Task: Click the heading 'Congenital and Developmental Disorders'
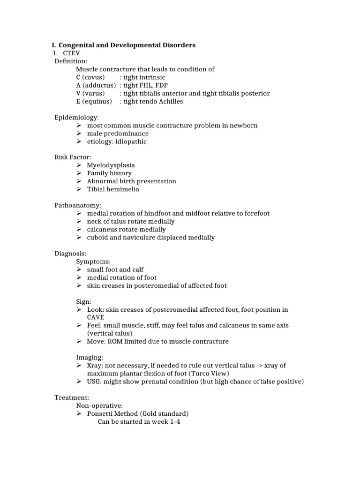[127, 45]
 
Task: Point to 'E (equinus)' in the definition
[94, 101]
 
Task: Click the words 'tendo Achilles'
[162, 101]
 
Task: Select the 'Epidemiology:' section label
[77, 117]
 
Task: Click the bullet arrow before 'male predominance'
[79, 134]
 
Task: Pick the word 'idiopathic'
[131, 142]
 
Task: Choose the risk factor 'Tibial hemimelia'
[113, 189]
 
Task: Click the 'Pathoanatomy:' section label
[78, 205]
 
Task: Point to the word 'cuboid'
[97, 237]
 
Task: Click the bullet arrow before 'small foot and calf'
[79, 270]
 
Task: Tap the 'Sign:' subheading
[84, 301]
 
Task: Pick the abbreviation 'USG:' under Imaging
[95, 382]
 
